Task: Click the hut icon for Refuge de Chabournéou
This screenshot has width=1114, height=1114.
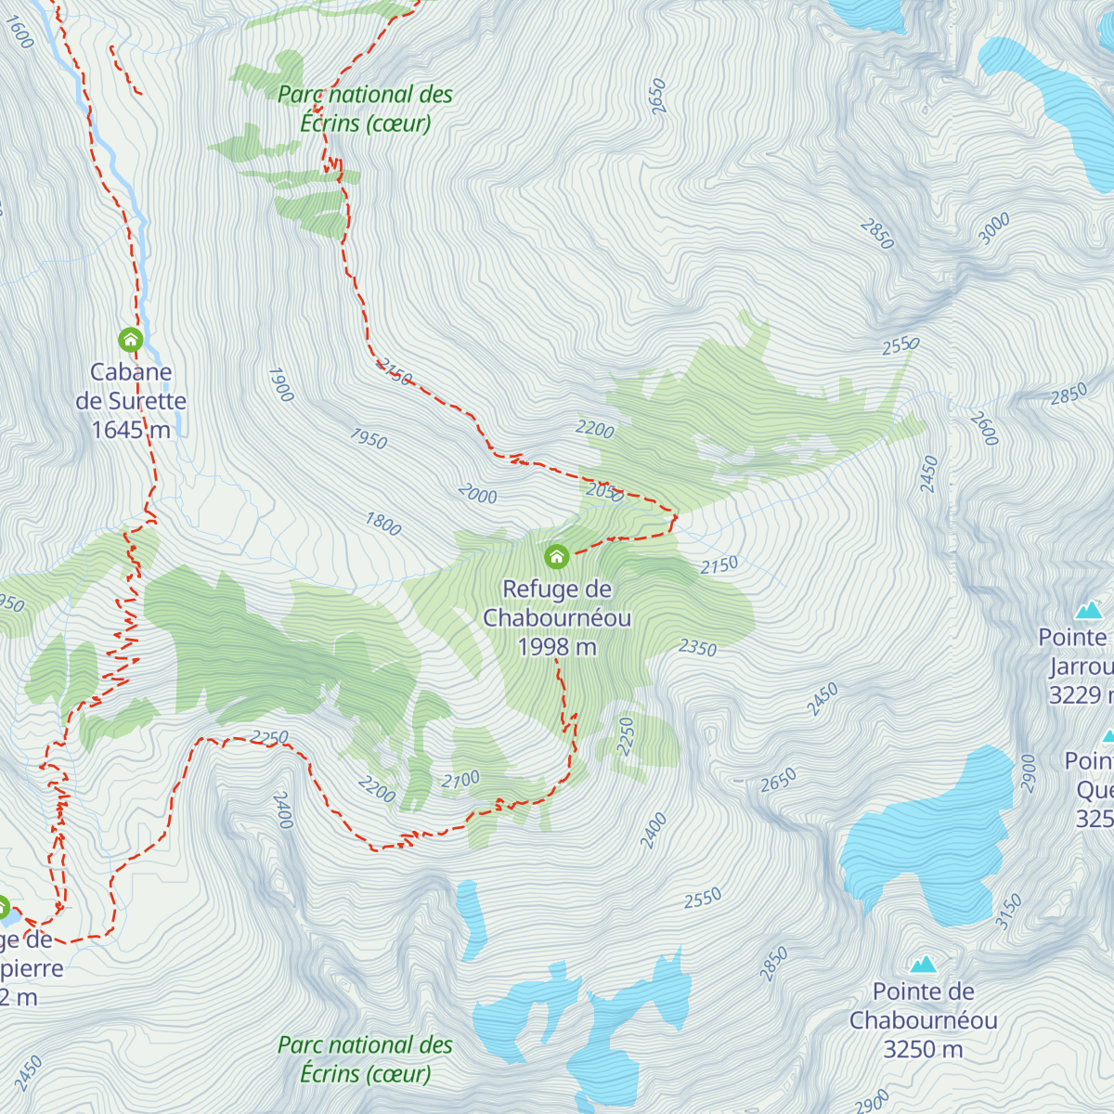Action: pos(556,556)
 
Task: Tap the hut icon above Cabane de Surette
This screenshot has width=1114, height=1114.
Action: pos(130,339)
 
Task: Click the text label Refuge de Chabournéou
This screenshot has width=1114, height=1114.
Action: pos(557,603)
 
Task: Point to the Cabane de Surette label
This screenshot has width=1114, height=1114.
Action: pos(131,386)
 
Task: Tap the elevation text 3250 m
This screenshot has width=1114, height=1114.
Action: pos(923,1049)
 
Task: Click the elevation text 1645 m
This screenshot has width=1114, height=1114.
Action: pos(131,430)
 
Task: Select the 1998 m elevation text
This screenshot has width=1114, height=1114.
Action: pos(557,647)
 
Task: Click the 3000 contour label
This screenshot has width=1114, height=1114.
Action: pos(993,228)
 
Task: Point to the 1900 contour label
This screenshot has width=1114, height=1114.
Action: pos(280,384)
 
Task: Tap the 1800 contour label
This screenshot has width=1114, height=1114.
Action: pos(382,525)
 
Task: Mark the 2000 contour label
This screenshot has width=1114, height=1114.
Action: pos(477,495)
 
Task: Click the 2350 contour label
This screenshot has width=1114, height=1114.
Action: pos(697,647)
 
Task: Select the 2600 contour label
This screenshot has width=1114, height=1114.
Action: pos(984,428)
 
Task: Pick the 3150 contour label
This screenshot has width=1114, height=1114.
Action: pos(1008,911)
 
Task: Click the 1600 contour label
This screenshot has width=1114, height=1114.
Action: pos(19,32)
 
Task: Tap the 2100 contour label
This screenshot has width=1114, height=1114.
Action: pos(460,780)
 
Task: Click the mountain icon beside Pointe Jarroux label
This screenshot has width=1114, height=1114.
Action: pos(1088,610)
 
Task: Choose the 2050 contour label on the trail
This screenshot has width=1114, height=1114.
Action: pos(604,492)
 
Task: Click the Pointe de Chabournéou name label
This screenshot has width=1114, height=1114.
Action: pos(923,1006)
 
